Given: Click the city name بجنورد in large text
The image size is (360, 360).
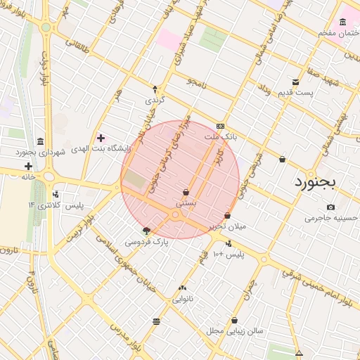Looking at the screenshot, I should coord(315,181).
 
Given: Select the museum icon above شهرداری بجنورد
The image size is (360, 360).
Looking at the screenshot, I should coord(40,141).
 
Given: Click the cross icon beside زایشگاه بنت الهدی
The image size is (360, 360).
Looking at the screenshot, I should coord(101,138).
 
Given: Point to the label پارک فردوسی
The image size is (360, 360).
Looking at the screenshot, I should coord(147,240).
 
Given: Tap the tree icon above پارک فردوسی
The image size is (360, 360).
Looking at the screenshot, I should coord(146,230).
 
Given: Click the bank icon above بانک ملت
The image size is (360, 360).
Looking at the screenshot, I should coord(221,126).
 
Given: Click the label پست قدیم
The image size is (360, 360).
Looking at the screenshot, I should coord(295,93).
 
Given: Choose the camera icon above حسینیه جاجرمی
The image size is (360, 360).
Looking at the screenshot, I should coord(330,207).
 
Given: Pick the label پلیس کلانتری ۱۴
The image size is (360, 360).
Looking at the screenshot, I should coord(56,205).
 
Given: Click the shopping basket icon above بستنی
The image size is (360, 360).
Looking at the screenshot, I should coord(186,192).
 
